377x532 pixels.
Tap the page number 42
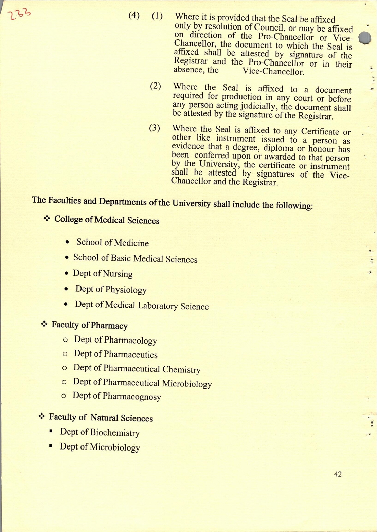[338, 474]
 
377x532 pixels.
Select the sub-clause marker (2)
[155, 86]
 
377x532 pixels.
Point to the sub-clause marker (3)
[155, 128]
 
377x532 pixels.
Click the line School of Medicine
[112, 243]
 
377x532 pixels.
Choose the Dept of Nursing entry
[103, 273]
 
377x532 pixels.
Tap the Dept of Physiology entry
[111, 289]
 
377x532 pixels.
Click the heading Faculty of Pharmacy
[90, 325]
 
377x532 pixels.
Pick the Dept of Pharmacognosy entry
[117, 396]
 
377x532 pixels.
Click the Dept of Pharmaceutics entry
[115, 354]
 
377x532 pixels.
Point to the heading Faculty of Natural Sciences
[101, 417]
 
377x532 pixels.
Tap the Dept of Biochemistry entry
[100, 432]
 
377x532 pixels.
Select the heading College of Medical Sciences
[107, 220]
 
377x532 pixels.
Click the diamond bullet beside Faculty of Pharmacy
[44, 324]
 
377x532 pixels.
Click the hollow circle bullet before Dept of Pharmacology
[65, 340]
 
